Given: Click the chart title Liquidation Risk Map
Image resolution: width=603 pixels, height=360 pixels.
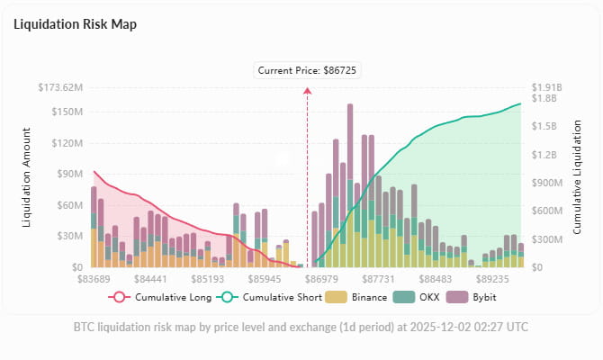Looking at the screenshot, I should coord(75,24).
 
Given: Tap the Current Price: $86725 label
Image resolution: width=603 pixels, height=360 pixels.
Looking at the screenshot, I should coord(307,69).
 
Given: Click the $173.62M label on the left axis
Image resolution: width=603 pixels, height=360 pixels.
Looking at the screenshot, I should coord(61,87).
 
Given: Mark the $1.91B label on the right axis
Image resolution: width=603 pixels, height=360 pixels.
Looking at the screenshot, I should coord(545,87).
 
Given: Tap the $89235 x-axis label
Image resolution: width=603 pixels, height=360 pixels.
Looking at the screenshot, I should coord(494,280).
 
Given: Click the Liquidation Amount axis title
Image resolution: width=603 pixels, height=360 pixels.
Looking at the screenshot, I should coord(27,177).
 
